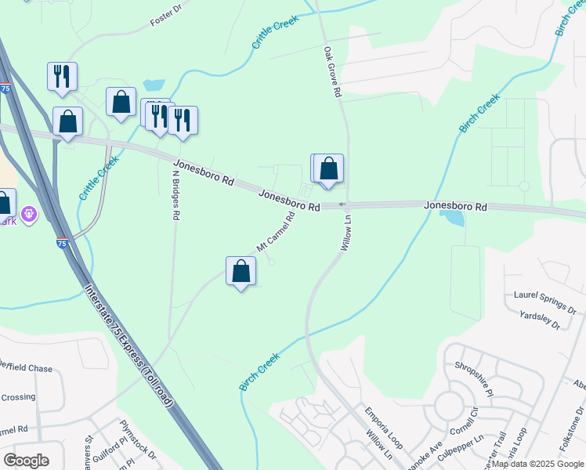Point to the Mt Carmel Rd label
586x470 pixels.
click(275, 232)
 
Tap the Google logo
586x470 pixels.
click(26, 461)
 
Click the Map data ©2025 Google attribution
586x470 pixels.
click(537, 464)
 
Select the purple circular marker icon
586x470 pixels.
click(29, 212)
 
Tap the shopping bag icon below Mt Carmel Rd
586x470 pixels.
click(241, 271)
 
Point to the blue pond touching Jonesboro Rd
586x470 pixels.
click(452, 216)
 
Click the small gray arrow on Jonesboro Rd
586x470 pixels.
click(342, 205)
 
